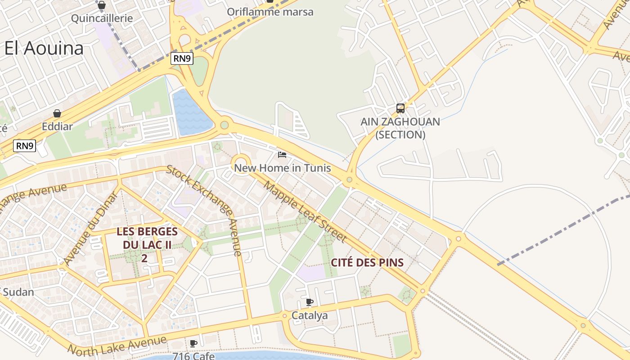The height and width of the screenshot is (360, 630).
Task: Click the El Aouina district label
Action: tap(44, 48)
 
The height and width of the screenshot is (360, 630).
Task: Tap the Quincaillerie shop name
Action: tap(102, 18)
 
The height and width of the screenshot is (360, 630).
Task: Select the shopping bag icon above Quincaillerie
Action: tap(102, 5)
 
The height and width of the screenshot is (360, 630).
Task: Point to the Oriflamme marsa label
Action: tap(270, 12)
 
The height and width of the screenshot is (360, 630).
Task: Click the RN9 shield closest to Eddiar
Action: tap(25, 146)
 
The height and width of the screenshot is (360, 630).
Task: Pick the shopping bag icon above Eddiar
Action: tap(57, 113)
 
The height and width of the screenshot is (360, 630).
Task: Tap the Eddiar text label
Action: tap(57, 126)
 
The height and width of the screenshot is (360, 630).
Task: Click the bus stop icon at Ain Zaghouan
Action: tap(400, 108)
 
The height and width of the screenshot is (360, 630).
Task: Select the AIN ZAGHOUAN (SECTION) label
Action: tap(400, 128)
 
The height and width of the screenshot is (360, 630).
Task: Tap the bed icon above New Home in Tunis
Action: tap(282, 155)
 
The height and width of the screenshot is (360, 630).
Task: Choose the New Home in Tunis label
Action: tap(282, 168)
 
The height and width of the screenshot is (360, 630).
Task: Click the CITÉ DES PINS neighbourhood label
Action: tap(367, 262)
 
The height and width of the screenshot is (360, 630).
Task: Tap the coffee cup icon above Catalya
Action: tap(309, 302)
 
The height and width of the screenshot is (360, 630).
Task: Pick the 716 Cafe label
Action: tap(193, 356)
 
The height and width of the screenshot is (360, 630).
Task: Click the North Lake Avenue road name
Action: tap(117, 345)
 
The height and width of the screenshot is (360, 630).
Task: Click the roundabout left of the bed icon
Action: tap(241, 162)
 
